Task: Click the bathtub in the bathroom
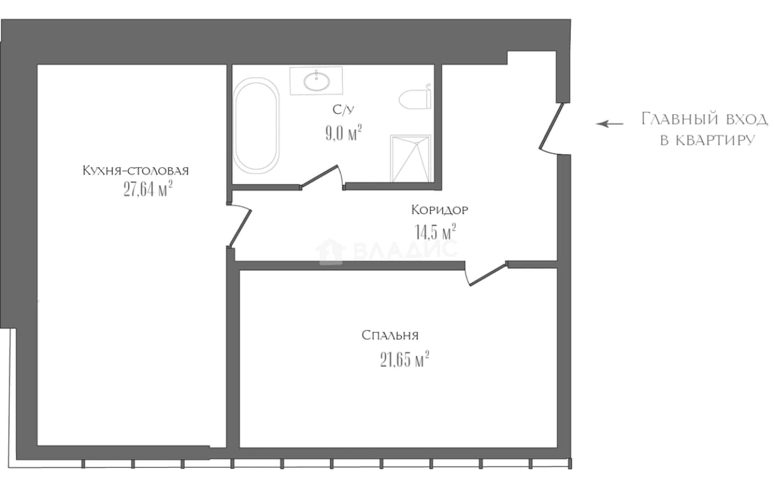pyautogui.click(x=256, y=125)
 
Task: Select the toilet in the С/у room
pyautogui.click(x=415, y=99)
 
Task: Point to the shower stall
pyautogui.click(x=410, y=158)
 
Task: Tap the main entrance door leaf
pyautogui.click(x=551, y=126)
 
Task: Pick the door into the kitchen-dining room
pyautogui.click(x=239, y=225)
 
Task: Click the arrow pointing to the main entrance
pyautogui.click(x=610, y=124)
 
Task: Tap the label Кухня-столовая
pyautogui.click(x=136, y=171)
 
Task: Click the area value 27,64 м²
pyautogui.click(x=148, y=189)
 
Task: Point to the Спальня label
pyautogui.click(x=390, y=335)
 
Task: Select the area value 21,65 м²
pyautogui.click(x=405, y=360)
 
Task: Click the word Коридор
pyautogui.click(x=440, y=209)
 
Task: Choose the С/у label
pyautogui.click(x=343, y=110)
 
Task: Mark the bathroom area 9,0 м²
pyautogui.click(x=344, y=133)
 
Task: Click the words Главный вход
pyautogui.click(x=705, y=119)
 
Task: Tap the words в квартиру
pyautogui.click(x=708, y=140)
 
